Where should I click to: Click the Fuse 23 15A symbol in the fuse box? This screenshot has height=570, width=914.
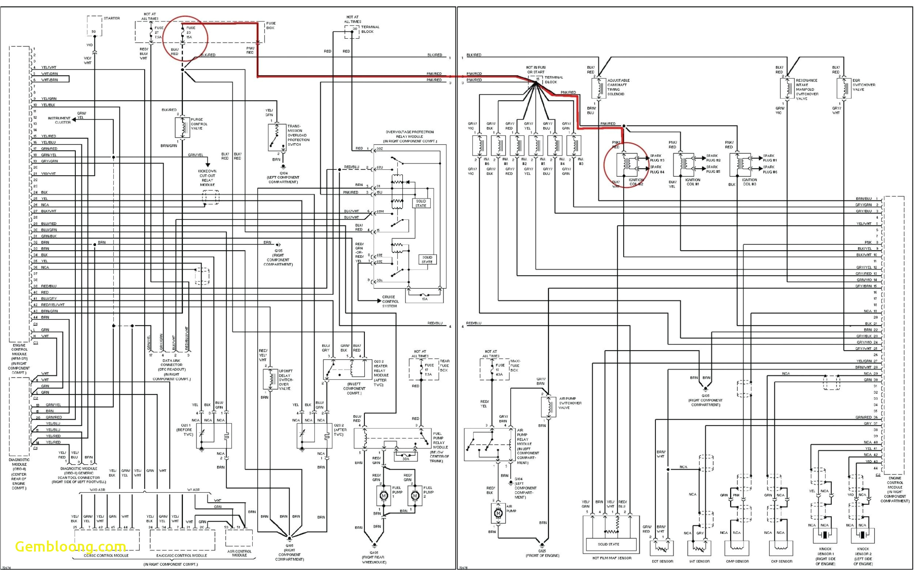pos(183,32)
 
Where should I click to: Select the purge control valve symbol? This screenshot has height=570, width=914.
pos(183,127)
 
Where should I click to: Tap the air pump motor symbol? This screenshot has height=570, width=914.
pos(498,513)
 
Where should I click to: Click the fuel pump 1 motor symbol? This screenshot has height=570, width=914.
pos(384,495)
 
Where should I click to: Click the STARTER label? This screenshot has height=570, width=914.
pos(112,18)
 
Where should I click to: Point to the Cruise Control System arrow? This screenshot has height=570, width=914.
pos(379,301)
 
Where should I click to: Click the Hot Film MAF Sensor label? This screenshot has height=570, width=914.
pos(612,558)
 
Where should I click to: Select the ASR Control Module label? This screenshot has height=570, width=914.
pos(239,553)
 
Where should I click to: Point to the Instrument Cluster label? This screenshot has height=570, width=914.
pos(59,120)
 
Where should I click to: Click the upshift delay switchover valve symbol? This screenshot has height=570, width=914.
pos(270,380)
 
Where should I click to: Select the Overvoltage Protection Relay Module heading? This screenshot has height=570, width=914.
pos(410,136)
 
